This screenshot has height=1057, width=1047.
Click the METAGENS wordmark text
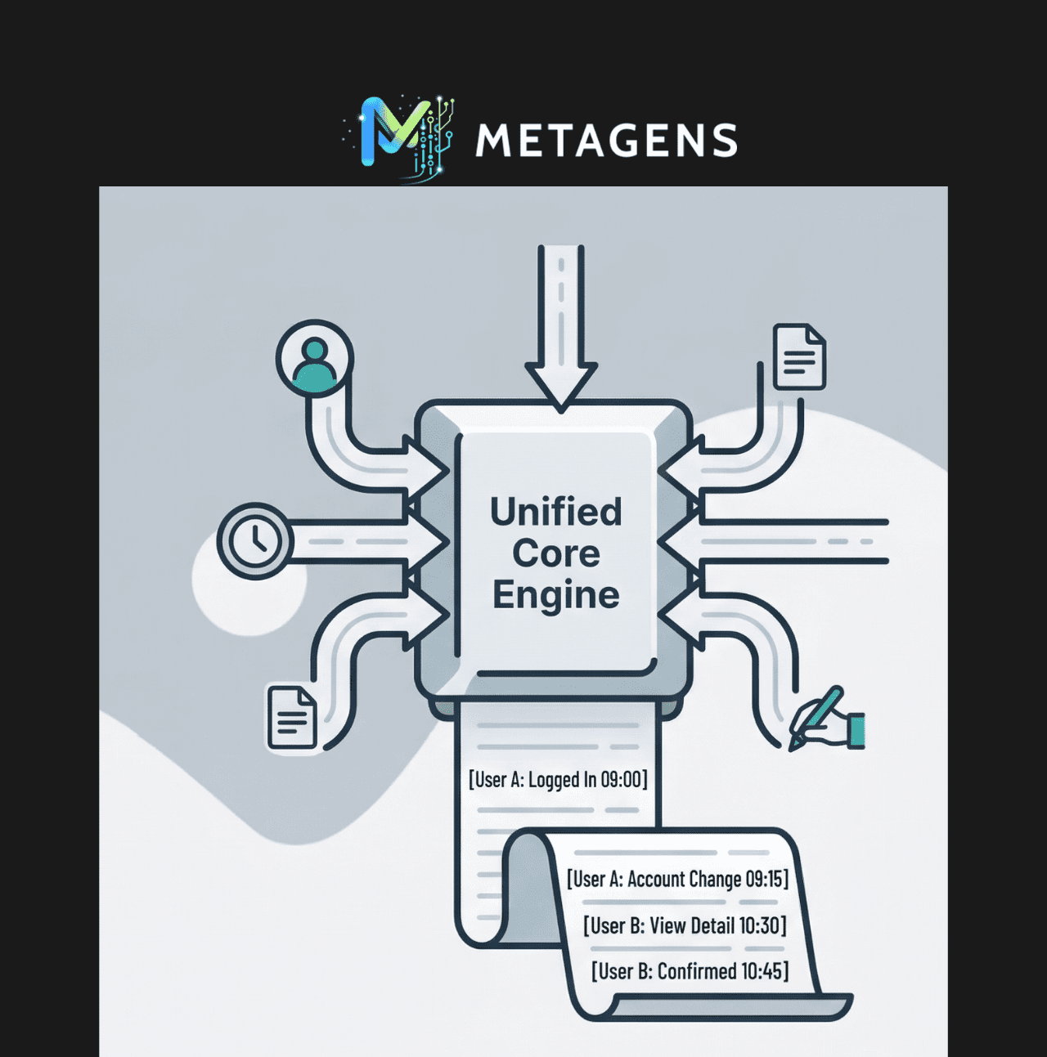coord(606,140)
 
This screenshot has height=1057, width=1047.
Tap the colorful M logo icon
coord(399,137)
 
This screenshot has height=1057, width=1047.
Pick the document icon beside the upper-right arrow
coord(799,356)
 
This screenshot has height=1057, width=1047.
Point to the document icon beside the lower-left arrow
coord(292,718)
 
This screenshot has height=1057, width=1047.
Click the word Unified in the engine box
coord(556,511)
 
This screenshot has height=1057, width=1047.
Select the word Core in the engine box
coord(556,553)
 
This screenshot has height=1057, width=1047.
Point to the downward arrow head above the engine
coord(561,387)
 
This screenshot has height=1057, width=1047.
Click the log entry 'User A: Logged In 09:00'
coord(558,779)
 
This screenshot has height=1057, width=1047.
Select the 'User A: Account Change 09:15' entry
coord(677,879)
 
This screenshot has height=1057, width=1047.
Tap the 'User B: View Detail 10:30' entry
coord(685,925)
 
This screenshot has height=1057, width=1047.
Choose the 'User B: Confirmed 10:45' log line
coord(690,971)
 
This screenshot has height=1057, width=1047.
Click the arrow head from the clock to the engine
coord(429,541)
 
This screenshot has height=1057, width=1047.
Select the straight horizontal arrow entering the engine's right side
coord(772,541)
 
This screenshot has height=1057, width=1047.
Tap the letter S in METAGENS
coord(725,140)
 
